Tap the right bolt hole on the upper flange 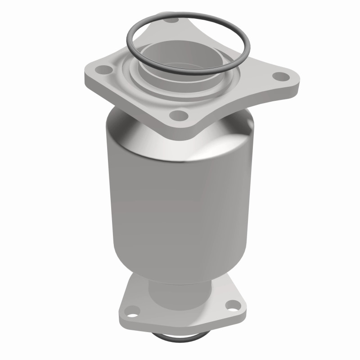pyautogui.click(x=280, y=76)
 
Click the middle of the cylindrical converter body pyautogui.click(x=178, y=202)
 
